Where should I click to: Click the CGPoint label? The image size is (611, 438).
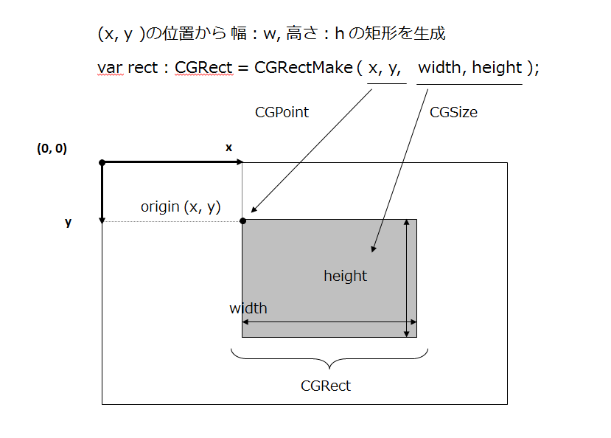pyautogui.click(x=282, y=112)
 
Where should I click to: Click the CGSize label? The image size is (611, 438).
pyautogui.click(x=453, y=112)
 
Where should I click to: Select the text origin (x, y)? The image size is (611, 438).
pyautogui.click(x=181, y=207)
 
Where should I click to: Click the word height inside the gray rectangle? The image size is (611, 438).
pyautogui.click(x=345, y=276)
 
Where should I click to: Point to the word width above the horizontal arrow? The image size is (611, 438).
pyautogui.click(x=248, y=308)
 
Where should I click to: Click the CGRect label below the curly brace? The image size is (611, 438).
pyautogui.click(x=326, y=386)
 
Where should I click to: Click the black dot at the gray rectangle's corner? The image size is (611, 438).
pyautogui.click(x=242, y=220)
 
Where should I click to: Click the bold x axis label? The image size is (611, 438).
pyautogui.click(x=228, y=147)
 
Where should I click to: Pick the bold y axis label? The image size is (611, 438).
pyautogui.click(x=68, y=222)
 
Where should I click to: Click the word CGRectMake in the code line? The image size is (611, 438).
pyautogui.click(x=304, y=68)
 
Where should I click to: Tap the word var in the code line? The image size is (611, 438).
pyautogui.click(x=110, y=68)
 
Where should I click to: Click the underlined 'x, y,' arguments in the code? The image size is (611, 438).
pyautogui.click(x=385, y=69)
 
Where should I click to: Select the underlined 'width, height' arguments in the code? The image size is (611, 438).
pyautogui.click(x=470, y=68)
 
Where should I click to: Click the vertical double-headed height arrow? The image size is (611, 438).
pyautogui.click(x=406, y=279)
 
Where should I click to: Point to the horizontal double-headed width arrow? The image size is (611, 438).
pyautogui.click(x=329, y=322)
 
